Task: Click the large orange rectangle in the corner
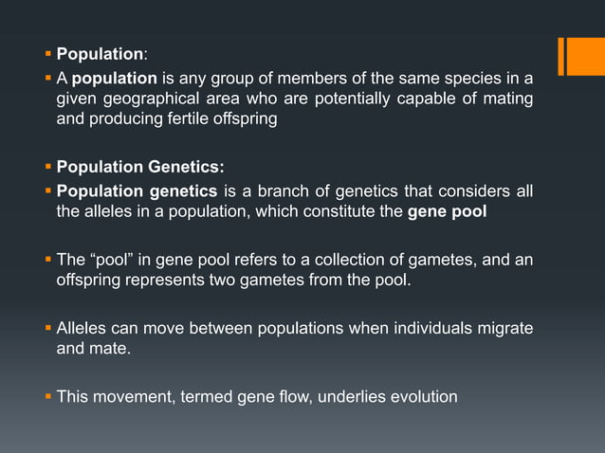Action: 586,55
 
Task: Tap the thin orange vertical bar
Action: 561,55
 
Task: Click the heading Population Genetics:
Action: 140,168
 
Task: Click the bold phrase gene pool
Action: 448,211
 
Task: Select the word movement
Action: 127,396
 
